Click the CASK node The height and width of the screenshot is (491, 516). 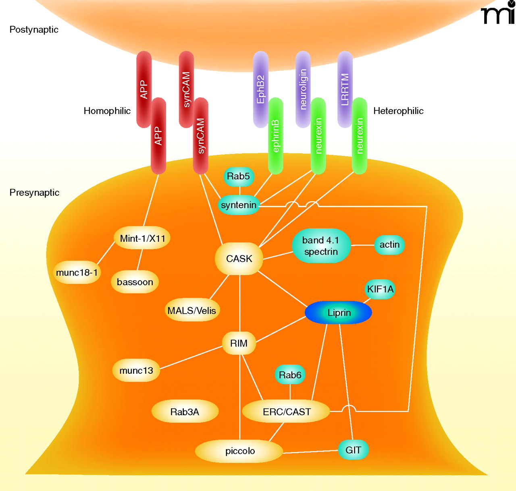(239, 259)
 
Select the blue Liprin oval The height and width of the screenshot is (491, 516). (338, 313)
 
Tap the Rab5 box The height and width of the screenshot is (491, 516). (239, 176)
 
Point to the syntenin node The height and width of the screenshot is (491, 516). (239, 205)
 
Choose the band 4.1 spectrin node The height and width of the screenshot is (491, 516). (321, 246)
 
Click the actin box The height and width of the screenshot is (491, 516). (389, 245)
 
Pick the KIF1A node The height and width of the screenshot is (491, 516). (380, 289)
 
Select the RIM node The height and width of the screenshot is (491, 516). (239, 343)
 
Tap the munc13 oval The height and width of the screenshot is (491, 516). (136, 371)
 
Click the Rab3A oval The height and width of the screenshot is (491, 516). (185, 412)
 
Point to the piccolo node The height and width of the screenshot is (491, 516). (239, 451)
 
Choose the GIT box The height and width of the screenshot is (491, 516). (353, 450)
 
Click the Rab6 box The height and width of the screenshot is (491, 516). (290, 375)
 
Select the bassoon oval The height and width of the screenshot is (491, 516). (135, 282)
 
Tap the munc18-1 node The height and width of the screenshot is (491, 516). (77, 273)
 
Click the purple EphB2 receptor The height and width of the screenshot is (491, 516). (260, 89)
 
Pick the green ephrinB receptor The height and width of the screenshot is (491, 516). (276, 136)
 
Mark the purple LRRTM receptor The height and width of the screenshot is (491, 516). (345, 89)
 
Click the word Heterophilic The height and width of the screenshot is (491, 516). (398, 111)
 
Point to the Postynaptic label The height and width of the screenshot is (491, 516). (34, 30)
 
